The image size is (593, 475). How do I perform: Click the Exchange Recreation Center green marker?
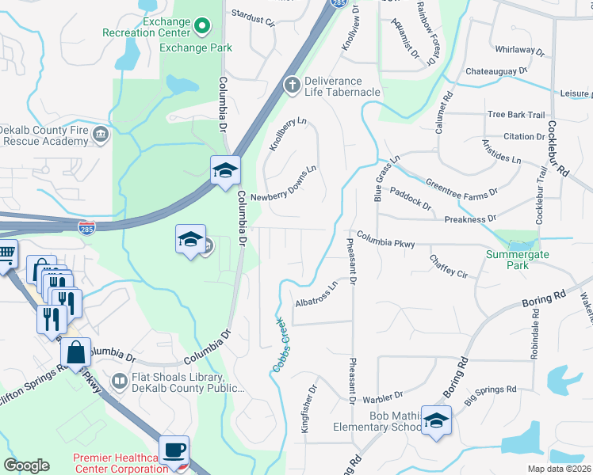(x=201, y=27)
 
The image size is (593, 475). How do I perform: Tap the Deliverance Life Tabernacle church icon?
(x=292, y=83)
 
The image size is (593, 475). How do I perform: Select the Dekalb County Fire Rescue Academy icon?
(x=101, y=135)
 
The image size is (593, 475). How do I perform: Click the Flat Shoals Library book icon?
(x=119, y=382)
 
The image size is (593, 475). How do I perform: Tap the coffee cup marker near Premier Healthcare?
(x=174, y=450)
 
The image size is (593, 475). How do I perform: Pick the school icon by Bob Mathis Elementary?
(x=436, y=420)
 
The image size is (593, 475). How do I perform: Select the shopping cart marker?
(x=6, y=255)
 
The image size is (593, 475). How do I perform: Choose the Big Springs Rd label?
(x=490, y=391)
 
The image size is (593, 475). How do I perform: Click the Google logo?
(x=27, y=465)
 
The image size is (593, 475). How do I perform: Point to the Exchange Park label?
(x=196, y=47)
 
